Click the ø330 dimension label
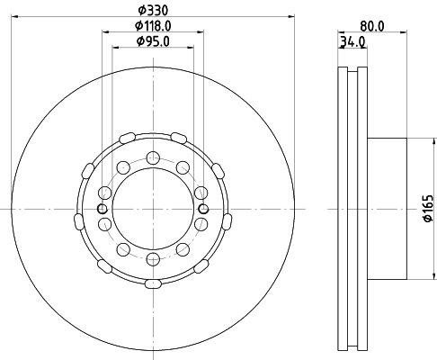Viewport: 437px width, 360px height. (153, 11)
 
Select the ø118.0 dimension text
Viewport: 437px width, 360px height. (153, 26)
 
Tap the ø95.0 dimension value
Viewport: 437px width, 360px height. (153, 41)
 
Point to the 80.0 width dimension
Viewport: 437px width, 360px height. (371, 26)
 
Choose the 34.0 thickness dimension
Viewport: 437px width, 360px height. (352, 42)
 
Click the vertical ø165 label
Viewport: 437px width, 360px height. (428, 209)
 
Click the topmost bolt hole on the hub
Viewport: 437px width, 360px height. (153, 157)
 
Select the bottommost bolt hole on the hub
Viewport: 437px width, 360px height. (153, 259)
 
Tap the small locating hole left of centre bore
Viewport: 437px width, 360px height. (103, 209)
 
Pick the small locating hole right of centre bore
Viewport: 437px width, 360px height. (204, 209)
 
